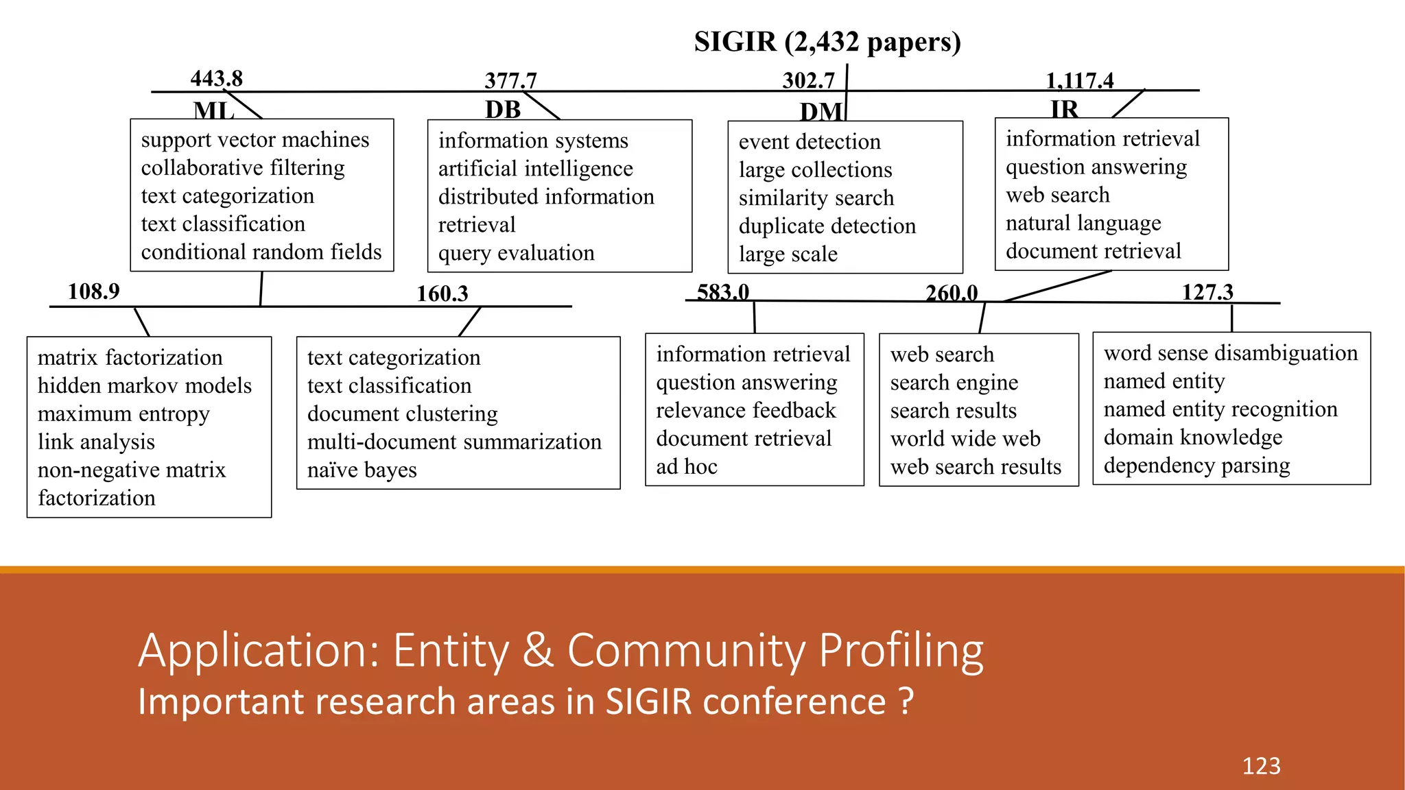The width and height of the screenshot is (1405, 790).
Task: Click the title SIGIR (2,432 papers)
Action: pyautogui.click(x=827, y=42)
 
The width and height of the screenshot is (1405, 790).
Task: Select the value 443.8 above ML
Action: pyautogui.click(x=216, y=78)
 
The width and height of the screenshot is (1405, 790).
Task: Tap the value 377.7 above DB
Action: pyautogui.click(x=510, y=81)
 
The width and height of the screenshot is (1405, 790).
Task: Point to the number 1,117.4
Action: pyautogui.click(x=1079, y=81)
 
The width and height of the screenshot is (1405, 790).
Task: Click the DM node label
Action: pyautogui.click(x=820, y=112)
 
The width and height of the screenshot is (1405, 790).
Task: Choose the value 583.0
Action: pyautogui.click(x=723, y=292)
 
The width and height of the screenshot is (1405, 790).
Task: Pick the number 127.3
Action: pyautogui.click(x=1207, y=292)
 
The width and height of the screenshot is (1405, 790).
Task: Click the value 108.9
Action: pyautogui.click(x=93, y=291)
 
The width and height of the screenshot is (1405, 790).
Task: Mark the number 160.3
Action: pyautogui.click(x=442, y=294)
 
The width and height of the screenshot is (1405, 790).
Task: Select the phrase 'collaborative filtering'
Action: pyautogui.click(x=243, y=168)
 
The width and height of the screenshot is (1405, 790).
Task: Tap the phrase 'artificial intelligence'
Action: pyautogui.click(x=535, y=169)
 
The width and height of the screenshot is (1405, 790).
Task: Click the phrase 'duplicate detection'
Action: pyautogui.click(x=827, y=226)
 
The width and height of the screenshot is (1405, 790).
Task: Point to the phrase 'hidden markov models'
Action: pyautogui.click(x=145, y=386)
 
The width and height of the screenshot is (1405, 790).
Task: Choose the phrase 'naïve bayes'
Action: pyautogui.click(x=362, y=470)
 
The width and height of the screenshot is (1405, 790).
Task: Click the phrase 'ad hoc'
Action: pyautogui.click(x=686, y=467)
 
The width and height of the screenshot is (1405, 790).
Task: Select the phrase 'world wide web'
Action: pyautogui.click(x=965, y=439)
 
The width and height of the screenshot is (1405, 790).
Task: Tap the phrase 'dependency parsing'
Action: pyautogui.click(x=1196, y=466)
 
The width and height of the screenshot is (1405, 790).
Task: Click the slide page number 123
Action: pyautogui.click(x=1261, y=766)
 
